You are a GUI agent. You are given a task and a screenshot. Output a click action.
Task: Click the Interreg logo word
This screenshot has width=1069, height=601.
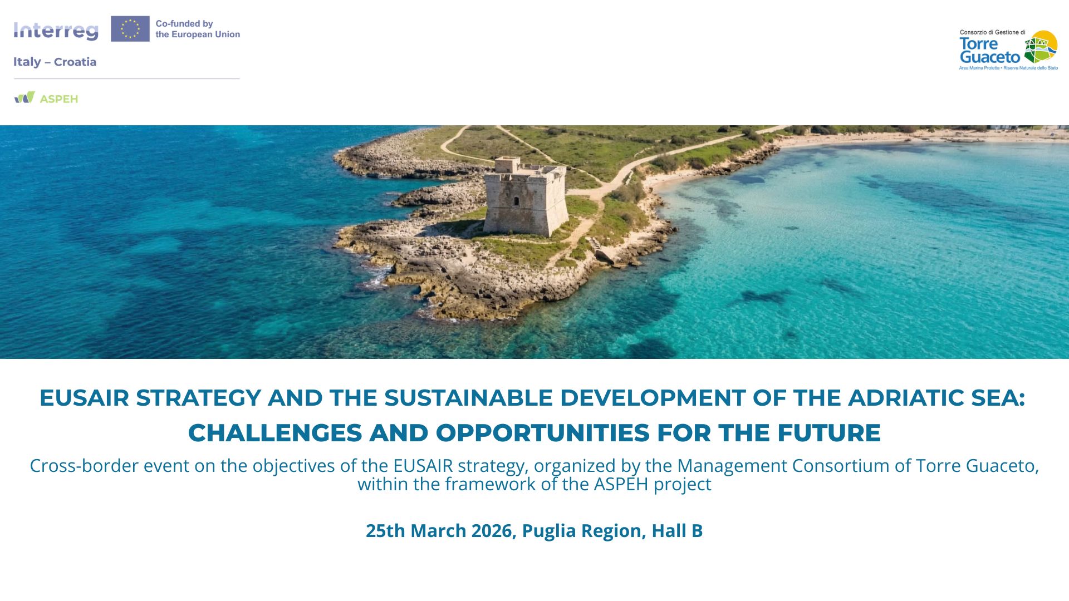(56, 31)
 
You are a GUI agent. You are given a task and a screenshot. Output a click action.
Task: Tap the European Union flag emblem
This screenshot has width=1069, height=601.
(130, 29)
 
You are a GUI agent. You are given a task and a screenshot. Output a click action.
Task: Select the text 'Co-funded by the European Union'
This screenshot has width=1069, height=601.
(198, 29)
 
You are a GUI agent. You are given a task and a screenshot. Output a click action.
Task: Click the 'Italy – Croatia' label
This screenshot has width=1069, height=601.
(55, 62)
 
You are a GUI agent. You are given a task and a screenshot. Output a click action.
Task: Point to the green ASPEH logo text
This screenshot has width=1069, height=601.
(59, 99)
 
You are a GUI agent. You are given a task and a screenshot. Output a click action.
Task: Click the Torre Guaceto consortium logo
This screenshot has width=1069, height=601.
(1008, 50)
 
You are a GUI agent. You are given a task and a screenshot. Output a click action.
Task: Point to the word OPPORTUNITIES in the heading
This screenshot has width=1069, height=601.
(543, 433)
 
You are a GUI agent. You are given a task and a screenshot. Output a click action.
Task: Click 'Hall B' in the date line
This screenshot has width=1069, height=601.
(677, 531)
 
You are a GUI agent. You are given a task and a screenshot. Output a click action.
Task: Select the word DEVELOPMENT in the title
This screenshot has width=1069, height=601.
(653, 398)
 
